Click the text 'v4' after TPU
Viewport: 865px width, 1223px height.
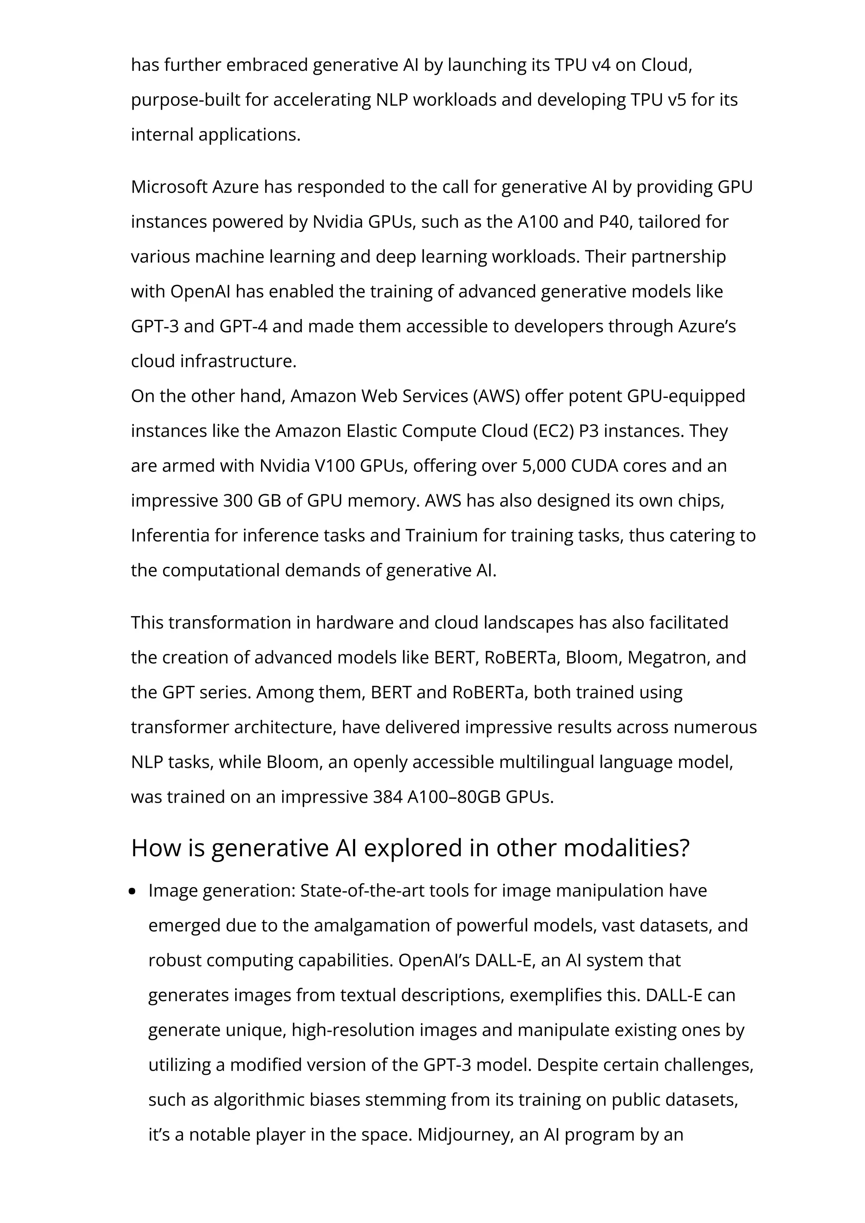point(601,65)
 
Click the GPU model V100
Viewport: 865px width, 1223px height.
point(335,465)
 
